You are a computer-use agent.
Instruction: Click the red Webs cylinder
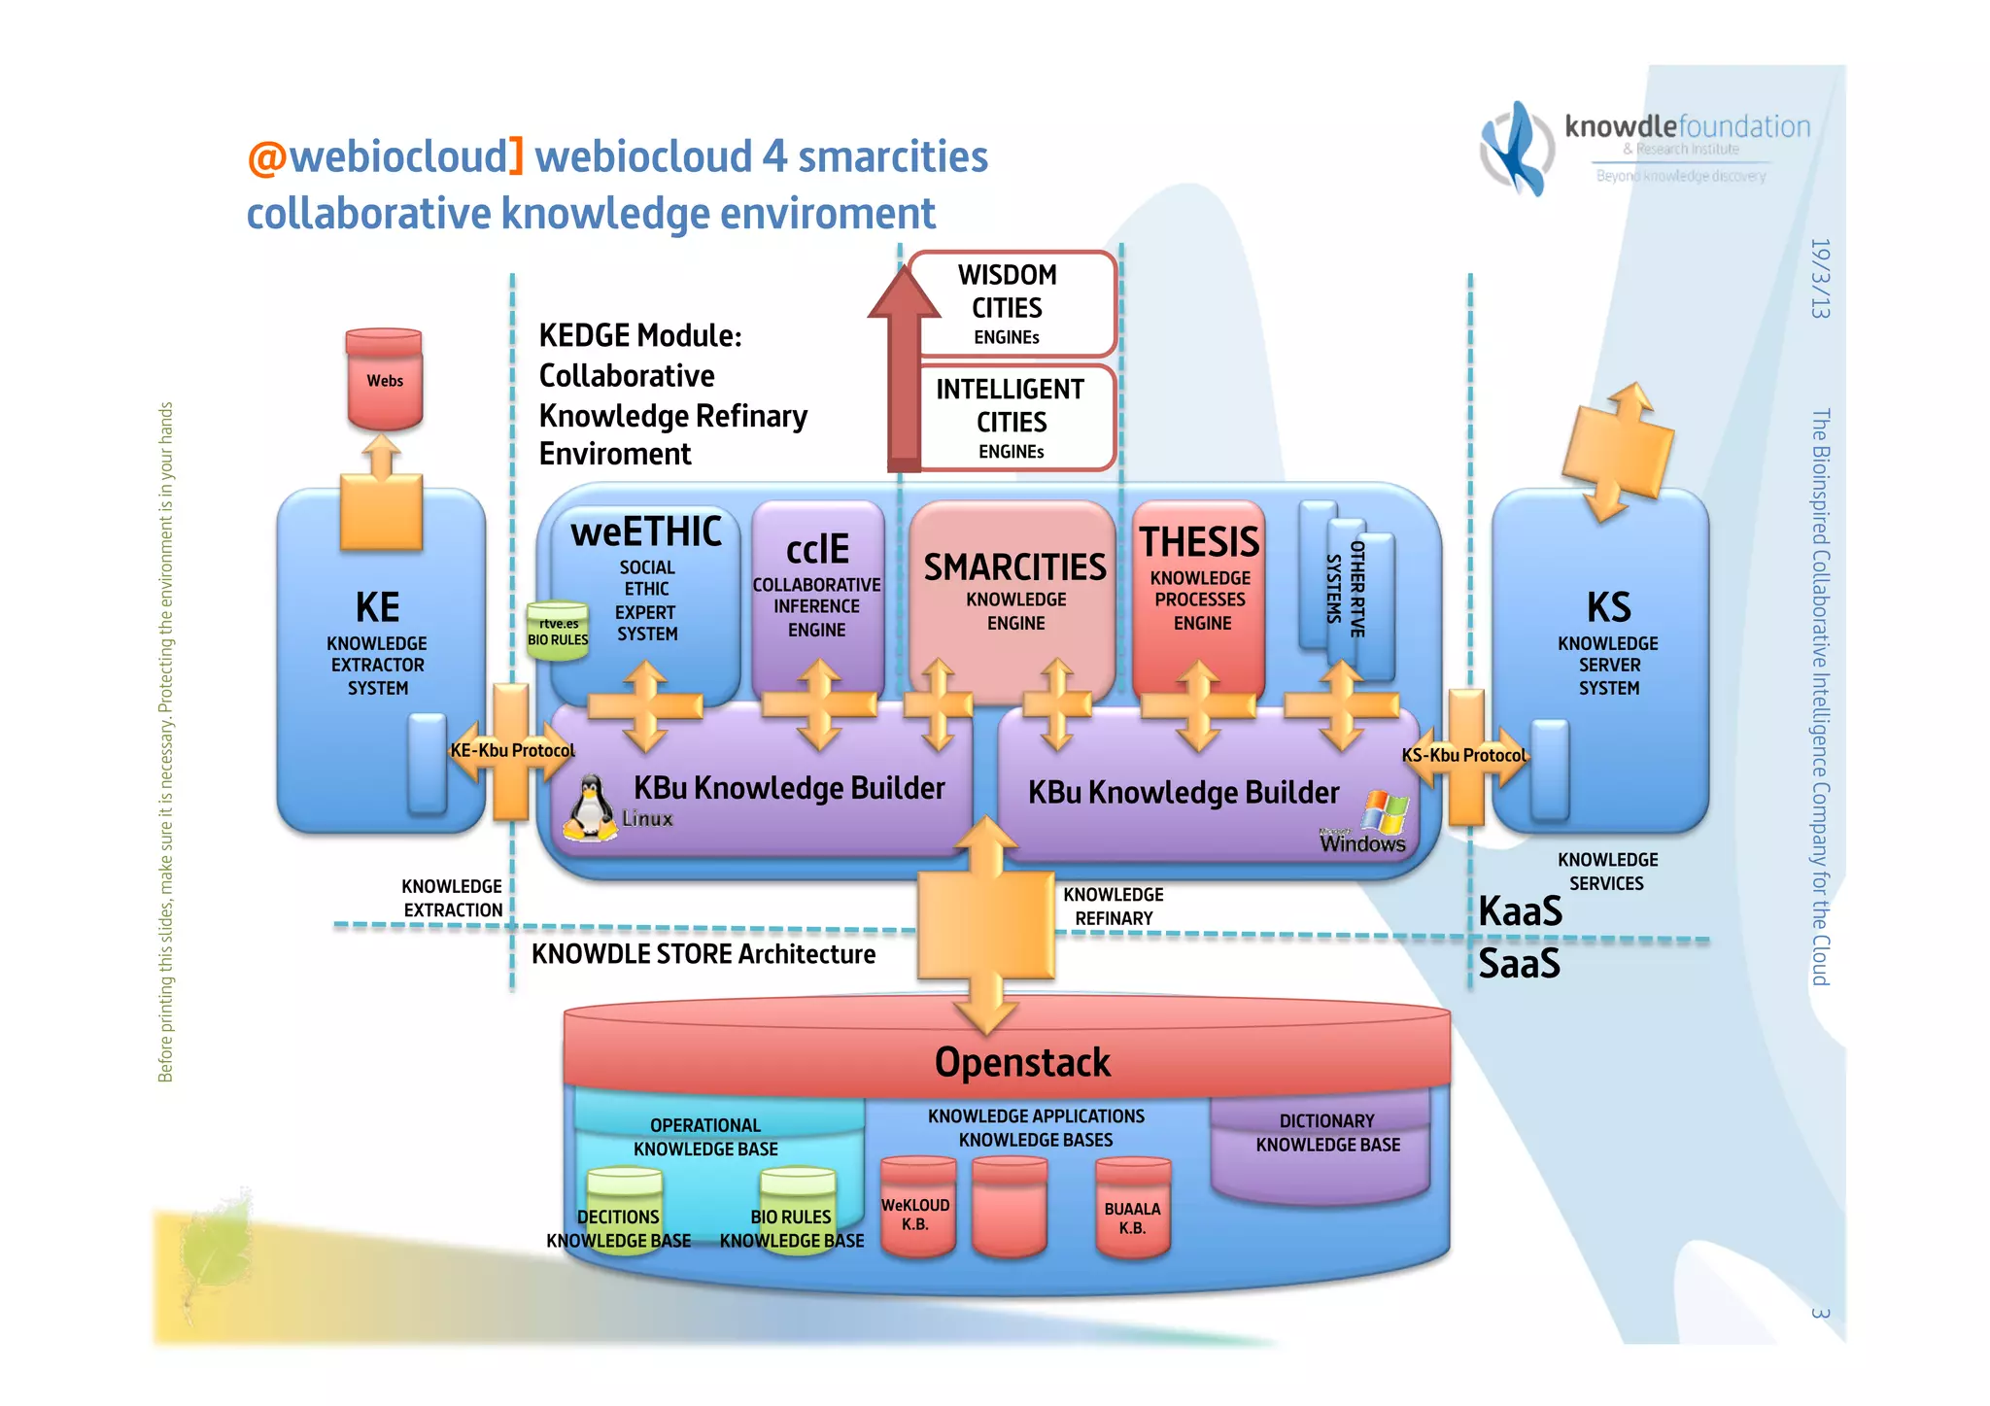coord(385,380)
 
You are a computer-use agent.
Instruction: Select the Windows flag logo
coord(1385,812)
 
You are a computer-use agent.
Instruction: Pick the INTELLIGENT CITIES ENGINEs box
coord(1012,418)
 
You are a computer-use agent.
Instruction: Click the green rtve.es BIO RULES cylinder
coord(558,632)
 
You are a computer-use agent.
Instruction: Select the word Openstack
coord(1021,1062)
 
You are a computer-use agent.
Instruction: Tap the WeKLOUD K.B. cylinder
coord(916,1209)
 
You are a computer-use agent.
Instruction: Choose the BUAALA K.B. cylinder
coord(1132,1212)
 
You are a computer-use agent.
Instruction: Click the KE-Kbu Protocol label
coord(512,750)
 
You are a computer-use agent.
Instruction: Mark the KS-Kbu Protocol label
coord(1463,755)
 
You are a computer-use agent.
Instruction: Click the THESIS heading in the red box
coord(1199,542)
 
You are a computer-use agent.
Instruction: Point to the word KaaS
coord(1520,911)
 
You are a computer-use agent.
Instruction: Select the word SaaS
coord(1519,964)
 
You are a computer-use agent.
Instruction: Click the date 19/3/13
coord(1820,279)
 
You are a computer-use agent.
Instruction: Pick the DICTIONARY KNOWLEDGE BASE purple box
coord(1326,1147)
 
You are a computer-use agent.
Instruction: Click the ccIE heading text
coord(817,549)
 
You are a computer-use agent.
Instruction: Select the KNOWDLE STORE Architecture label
coord(703,954)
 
